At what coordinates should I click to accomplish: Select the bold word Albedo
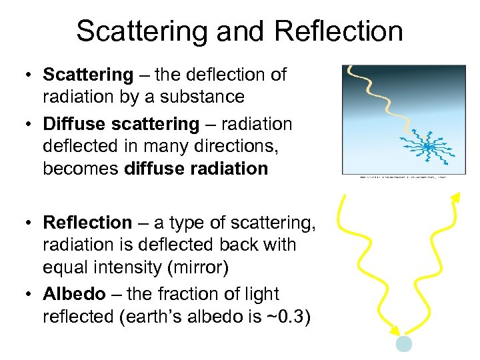click(x=74, y=294)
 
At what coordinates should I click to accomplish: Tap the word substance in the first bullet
click(x=207, y=97)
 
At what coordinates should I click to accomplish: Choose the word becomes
click(x=81, y=169)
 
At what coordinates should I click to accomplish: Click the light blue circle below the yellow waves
click(x=404, y=343)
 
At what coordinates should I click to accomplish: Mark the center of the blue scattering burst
click(x=429, y=145)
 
